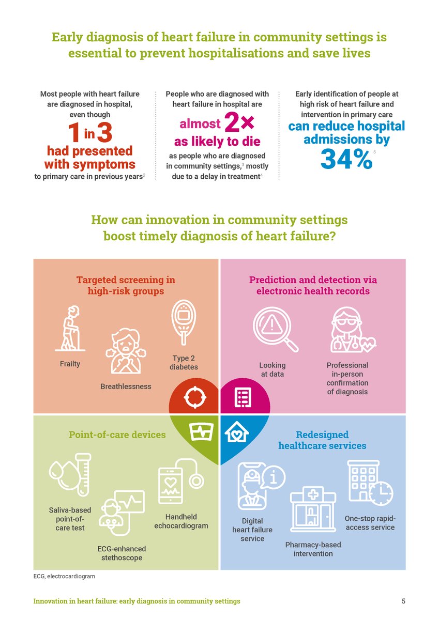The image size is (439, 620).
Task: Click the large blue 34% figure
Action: click(346, 159)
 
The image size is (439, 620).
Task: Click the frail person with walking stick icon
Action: click(70, 330)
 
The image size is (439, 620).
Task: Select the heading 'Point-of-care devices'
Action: click(117, 435)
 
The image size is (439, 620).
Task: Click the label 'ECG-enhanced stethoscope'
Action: click(122, 553)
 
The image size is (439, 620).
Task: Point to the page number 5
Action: click(403, 601)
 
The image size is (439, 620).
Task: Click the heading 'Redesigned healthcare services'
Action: click(322, 440)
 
